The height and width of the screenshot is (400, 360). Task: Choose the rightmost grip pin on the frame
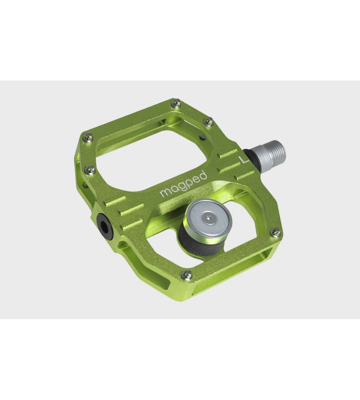pyautogui.click(x=275, y=231)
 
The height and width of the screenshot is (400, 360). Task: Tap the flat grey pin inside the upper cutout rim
pyautogui.click(x=203, y=135)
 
